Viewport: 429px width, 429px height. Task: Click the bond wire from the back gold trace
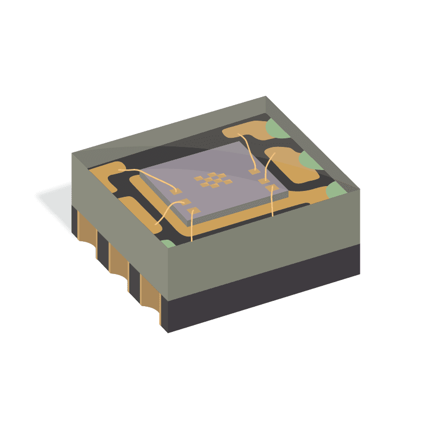[x=247, y=150]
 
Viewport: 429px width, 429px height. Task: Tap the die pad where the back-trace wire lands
[x=253, y=172]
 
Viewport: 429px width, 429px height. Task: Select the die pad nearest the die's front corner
[x=195, y=210]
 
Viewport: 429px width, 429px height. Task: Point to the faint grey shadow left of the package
[x=54, y=198]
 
